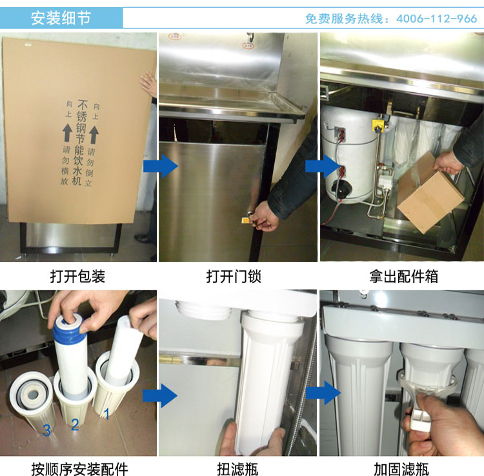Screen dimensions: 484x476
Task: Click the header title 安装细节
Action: pyautogui.click(x=61, y=18)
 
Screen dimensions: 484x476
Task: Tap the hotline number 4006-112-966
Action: pyautogui.click(x=436, y=19)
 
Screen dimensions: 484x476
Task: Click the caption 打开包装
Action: pyautogui.click(x=77, y=277)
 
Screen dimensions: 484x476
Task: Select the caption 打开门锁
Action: pyautogui.click(x=234, y=277)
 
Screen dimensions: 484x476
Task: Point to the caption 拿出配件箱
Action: pyautogui.click(x=403, y=277)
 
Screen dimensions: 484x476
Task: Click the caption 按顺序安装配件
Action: pyautogui.click(x=79, y=469)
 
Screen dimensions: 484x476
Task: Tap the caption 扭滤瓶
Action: pyautogui.click(x=237, y=469)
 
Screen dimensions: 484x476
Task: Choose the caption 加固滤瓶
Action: pyautogui.click(x=401, y=469)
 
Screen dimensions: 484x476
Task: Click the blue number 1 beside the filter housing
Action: pyautogui.click(x=106, y=414)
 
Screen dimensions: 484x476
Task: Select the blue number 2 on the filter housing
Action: pyautogui.click(x=75, y=424)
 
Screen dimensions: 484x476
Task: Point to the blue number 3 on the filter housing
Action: pyautogui.click(x=46, y=430)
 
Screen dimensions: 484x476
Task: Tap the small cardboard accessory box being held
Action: pyautogui.click(x=430, y=193)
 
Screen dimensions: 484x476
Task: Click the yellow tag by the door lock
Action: pyautogui.click(x=246, y=220)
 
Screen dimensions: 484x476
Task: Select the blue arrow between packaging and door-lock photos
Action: pyautogui.click(x=161, y=166)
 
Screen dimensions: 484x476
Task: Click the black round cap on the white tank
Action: pyautogui.click(x=341, y=189)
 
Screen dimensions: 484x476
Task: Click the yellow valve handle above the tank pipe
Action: pyautogui.click(x=378, y=125)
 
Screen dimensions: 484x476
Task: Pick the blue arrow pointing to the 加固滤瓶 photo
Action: pyautogui.click(x=323, y=392)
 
